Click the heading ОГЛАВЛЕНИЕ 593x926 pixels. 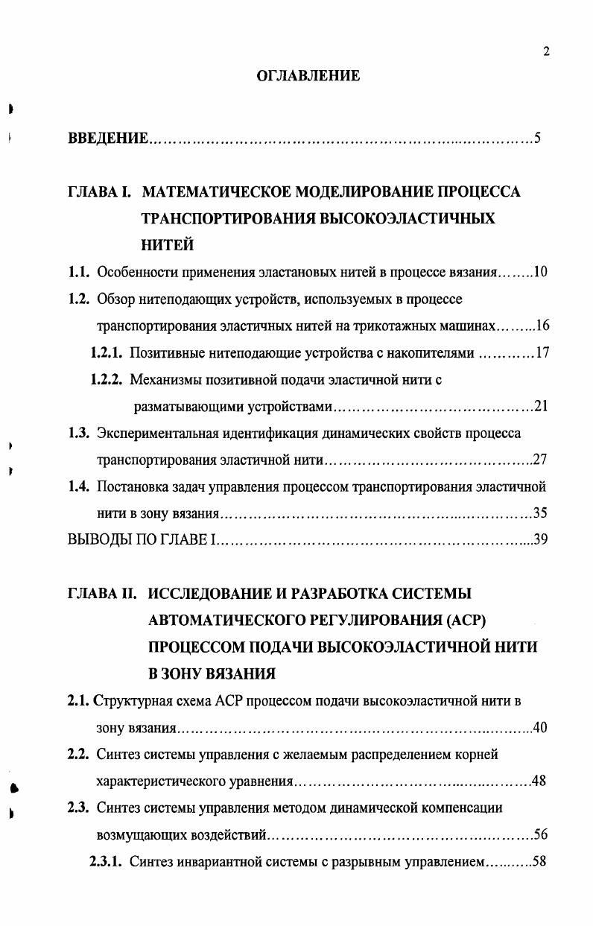pos(308,75)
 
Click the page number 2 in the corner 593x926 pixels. pos(546,51)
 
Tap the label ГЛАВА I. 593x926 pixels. pos(100,192)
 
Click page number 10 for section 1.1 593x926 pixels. pos(541,273)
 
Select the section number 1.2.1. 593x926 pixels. pos(106,353)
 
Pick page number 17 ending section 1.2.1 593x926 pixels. pos(542,353)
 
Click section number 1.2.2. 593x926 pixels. pos(107,380)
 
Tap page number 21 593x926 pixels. pos(542,407)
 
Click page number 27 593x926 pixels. pos(541,460)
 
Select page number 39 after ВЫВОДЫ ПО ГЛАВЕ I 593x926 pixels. pos(541,540)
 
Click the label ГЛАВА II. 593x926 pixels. pos(103,594)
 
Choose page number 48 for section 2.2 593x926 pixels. pos(540,781)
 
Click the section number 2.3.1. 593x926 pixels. pos(106,862)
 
